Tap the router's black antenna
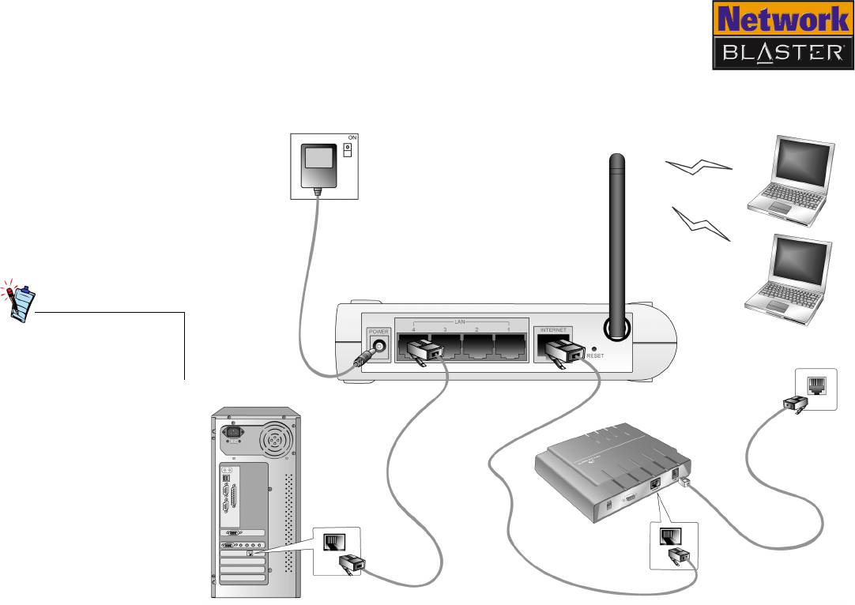(x=616, y=237)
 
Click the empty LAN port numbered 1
(x=510, y=348)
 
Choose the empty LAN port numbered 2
(x=477, y=348)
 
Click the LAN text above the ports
(x=460, y=321)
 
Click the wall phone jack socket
(x=815, y=385)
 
